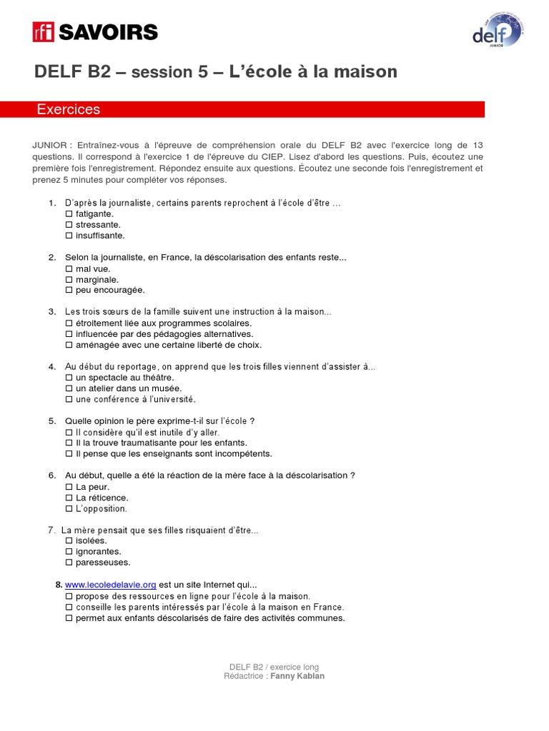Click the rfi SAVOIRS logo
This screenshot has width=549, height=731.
[95, 32]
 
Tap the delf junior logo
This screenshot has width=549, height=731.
[498, 33]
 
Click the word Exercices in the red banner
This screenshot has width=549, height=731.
[69, 110]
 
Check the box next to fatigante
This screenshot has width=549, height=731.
[69, 213]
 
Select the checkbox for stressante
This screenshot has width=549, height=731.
[69, 225]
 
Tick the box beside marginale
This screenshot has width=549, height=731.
[69, 280]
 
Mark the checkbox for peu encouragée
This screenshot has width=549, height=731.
[69, 291]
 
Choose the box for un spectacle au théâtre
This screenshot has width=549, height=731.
[69, 378]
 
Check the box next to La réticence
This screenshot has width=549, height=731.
[69, 498]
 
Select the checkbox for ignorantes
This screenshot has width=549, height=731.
[69, 552]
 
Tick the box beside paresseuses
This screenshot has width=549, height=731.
[69, 563]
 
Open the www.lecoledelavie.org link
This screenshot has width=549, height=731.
[110, 585]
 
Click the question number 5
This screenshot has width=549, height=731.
[52, 421]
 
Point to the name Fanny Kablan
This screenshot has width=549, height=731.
[297, 676]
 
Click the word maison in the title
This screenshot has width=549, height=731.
[363, 72]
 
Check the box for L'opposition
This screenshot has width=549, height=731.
[69, 509]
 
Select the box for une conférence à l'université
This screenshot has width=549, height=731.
[69, 400]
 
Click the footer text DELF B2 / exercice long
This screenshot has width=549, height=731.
[274, 667]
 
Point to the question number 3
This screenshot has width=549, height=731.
[52, 312]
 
